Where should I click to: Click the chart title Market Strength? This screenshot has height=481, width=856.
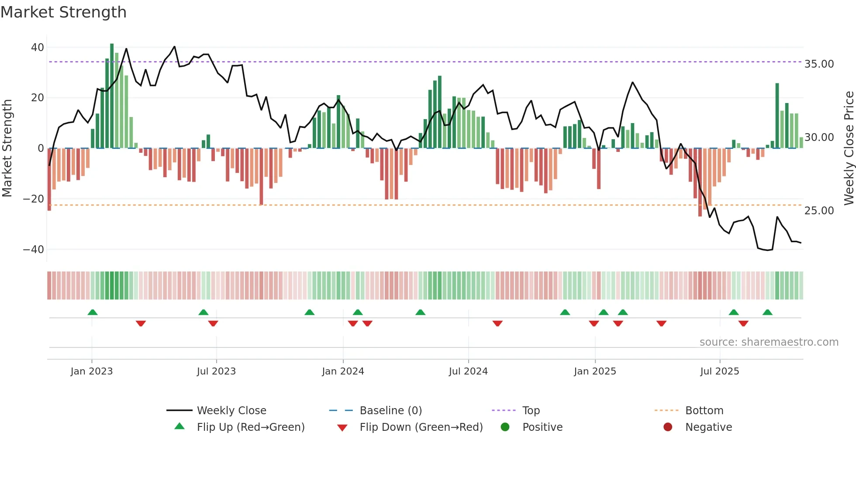click(63, 12)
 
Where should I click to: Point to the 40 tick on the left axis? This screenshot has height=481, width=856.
click(38, 47)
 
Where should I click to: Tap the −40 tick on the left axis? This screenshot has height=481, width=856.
click(34, 250)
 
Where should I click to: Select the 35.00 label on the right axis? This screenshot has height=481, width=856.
click(819, 64)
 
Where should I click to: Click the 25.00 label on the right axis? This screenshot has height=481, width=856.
click(819, 211)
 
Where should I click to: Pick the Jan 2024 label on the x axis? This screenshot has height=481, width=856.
click(343, 371)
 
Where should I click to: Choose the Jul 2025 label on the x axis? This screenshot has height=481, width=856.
click(719, 371)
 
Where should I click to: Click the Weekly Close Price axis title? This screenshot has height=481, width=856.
click(849, 148)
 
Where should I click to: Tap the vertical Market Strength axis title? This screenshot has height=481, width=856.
click(7, 148)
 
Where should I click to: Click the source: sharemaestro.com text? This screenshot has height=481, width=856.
click(769, 342)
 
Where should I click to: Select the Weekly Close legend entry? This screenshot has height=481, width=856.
click(231, 411)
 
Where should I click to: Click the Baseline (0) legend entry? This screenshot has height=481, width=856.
click(390, 411)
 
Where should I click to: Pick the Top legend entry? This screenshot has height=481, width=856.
click(531, 411)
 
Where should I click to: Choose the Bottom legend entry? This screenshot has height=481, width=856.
click(704, 411)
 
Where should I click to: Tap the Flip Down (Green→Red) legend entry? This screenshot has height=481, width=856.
click(421, 427)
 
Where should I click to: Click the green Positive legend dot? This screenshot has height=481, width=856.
click(505, 427)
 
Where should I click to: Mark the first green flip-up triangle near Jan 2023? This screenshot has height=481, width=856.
click(93, 313)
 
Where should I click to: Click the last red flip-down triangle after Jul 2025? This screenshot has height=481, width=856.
click(743, 323)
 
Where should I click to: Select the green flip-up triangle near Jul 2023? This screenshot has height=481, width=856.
click(203, 313)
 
